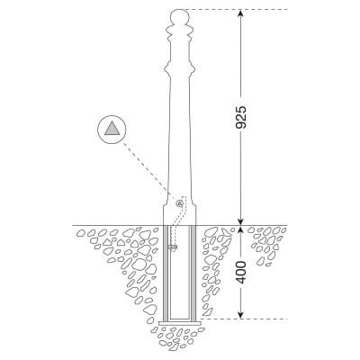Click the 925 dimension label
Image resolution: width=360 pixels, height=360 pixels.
pos(240,117)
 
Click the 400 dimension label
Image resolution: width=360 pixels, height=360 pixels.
pos(240,273)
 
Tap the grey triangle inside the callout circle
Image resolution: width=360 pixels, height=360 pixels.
pos(112,129)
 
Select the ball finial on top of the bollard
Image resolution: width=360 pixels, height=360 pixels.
pos(179,15)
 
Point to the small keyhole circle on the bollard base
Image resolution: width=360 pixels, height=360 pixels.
pos(179,203)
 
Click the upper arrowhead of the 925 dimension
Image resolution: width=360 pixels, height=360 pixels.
pos(240,13)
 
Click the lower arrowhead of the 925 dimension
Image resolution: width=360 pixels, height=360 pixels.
pos(240,220)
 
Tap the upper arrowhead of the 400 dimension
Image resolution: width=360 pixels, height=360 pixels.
pos(240,229)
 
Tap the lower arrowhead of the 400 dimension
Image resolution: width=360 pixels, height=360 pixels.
pos(240,314)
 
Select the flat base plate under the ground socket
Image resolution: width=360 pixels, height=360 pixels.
pos(179,323)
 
